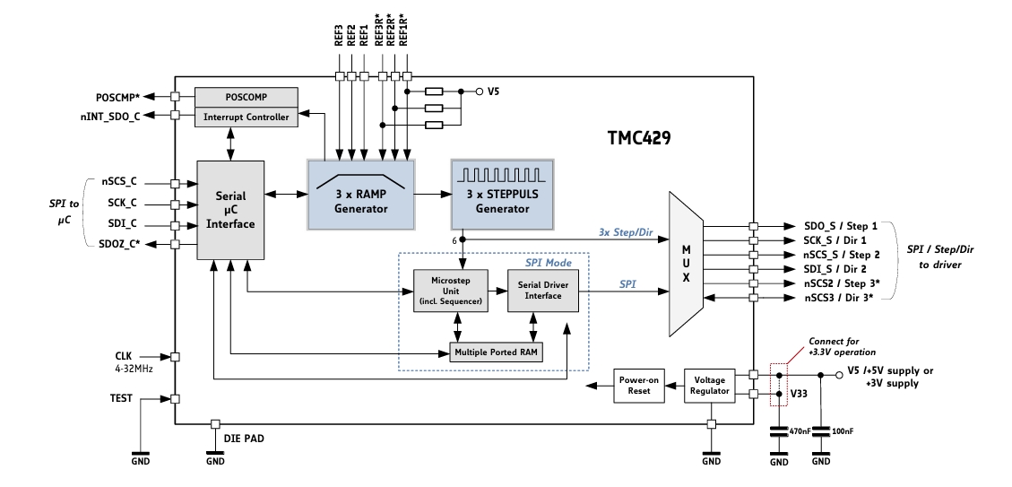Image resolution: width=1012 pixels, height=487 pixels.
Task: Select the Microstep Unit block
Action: click(x=451, y=291)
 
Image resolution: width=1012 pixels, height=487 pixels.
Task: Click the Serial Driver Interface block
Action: click(x=543, y=291)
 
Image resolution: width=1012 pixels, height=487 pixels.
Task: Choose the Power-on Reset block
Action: click(x=641, y=386)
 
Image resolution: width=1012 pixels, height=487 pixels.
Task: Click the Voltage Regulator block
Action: click(x=710, y=386)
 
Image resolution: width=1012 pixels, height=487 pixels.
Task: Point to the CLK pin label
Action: click(x=123, y=354)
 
